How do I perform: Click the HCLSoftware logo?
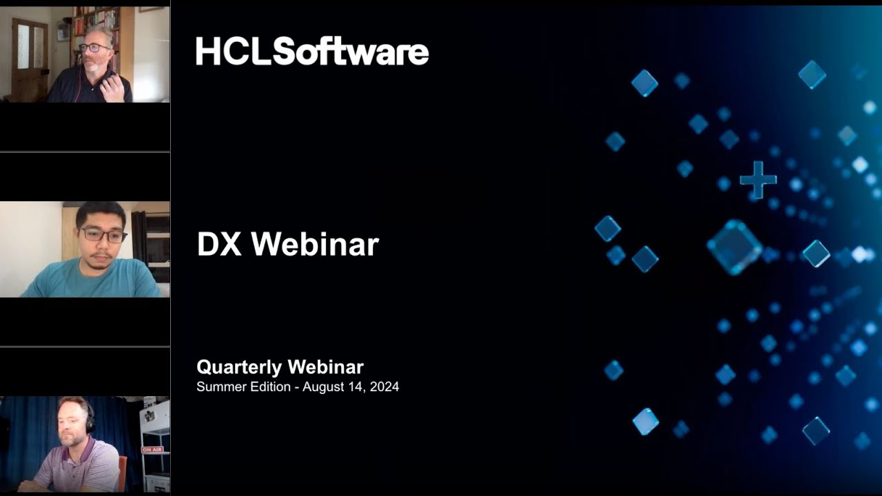pyautogui.click(x=312, y=51)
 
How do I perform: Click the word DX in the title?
pyautogui.click(x=219, y=244)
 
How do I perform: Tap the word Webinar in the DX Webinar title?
pyautogui.click(x=315, y=244)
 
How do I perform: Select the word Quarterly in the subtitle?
pyautogui.click(x=239, y=367)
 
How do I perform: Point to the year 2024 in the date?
pyautogui.click(x=384, y=386)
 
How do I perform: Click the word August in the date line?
pyautogui.click(x=323, y=387)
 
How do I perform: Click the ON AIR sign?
pyautogui.click(x=152, y=450)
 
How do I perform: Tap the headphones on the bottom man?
pyautogui.click(x=90, y=418)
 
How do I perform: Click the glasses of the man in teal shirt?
pyautogui.click(x=103, y=235)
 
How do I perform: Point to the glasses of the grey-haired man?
pyautogui.click(x=94, y=48)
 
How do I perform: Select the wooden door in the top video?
pyautogui.click(x=30, y=59)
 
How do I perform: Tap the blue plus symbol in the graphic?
pyautogui.click(x=758, y=180)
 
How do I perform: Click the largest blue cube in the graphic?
pyautogui.click(x=735, y=247)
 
